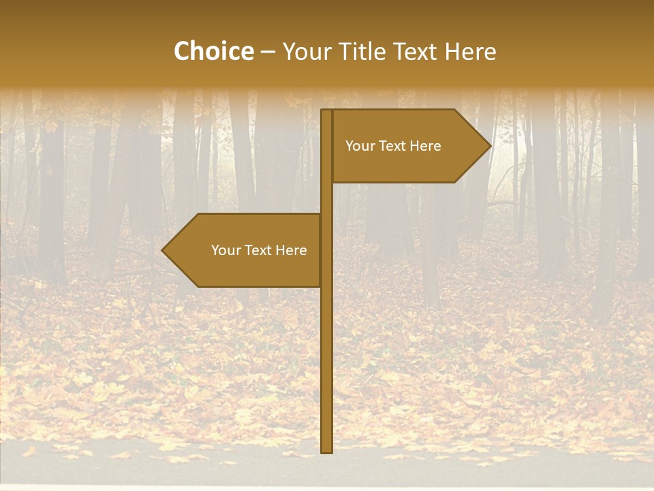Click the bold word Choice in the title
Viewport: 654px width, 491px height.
click(213, 51)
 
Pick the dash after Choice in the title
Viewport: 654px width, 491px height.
click(267, 53)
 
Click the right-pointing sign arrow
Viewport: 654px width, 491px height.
click(409, 146)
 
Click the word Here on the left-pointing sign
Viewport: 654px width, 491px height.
click(292, 250)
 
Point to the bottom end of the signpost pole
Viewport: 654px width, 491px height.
click(326, 450)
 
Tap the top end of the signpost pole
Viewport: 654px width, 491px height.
click(326, 112)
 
